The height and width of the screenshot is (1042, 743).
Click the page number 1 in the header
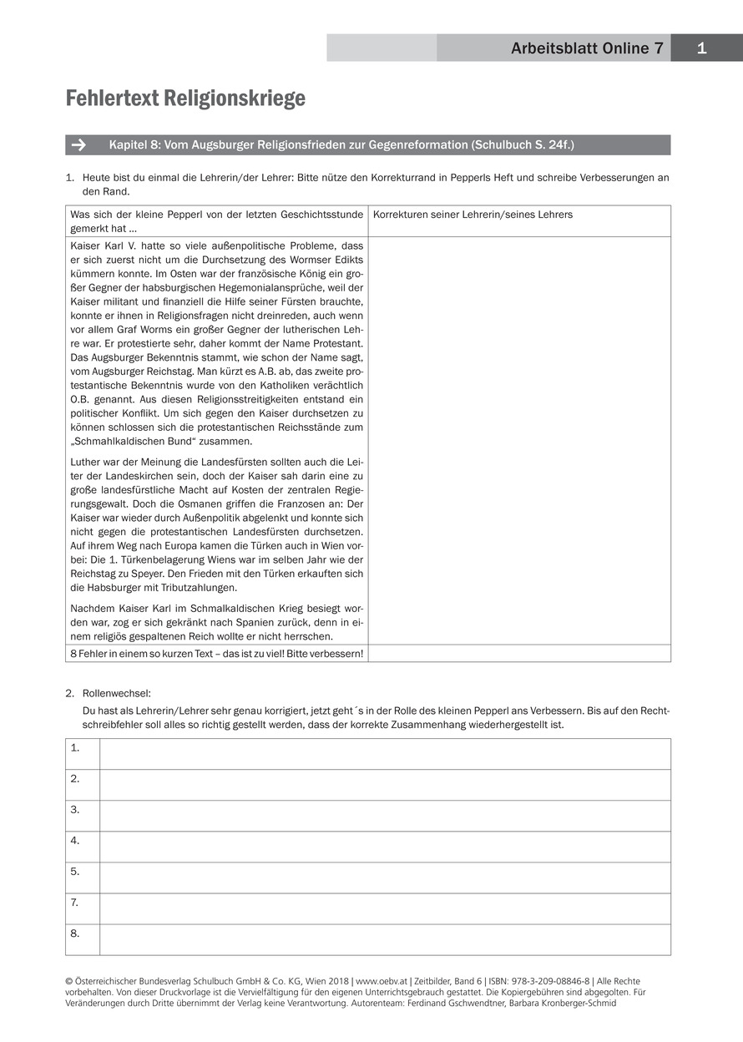[x=701, y=48]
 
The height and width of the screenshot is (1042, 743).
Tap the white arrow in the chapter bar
[x=79, y=145]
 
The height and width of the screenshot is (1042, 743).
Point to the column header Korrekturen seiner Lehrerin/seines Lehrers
[x=473, y=215]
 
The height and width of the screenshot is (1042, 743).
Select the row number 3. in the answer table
[x=75, y=810]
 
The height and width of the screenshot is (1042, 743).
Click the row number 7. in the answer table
[x=75, y=903]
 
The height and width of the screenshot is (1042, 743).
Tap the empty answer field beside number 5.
[x=384, y=878]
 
